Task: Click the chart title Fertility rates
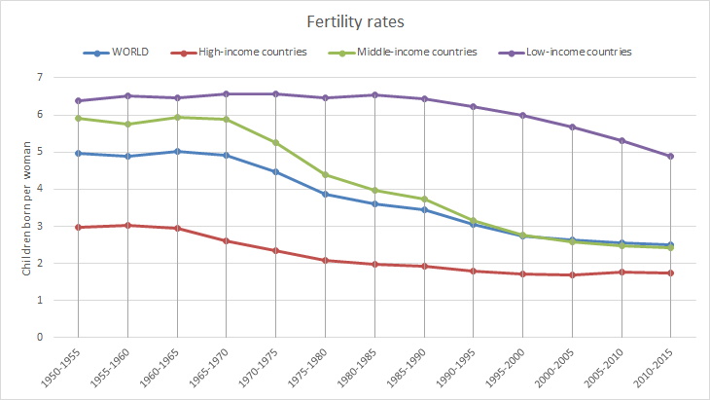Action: pos(354,19)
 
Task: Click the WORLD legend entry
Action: pos(125,52)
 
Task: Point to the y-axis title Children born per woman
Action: pos(26,207)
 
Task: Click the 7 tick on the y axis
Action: pos(40,77)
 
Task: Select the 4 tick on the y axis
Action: pos(40,189)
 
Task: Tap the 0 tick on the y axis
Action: pos(40,338)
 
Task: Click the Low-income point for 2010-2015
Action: pos(671,156)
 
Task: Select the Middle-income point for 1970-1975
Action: pos(275,142)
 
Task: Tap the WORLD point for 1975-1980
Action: pos(325,194)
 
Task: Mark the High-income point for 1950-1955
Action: pos(77,227)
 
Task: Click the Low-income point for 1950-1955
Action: pos(77,100)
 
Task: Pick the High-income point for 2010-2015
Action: pos(671,273)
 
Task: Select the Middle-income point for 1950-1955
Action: pos(77,118)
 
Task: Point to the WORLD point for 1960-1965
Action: pos(176,151)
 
